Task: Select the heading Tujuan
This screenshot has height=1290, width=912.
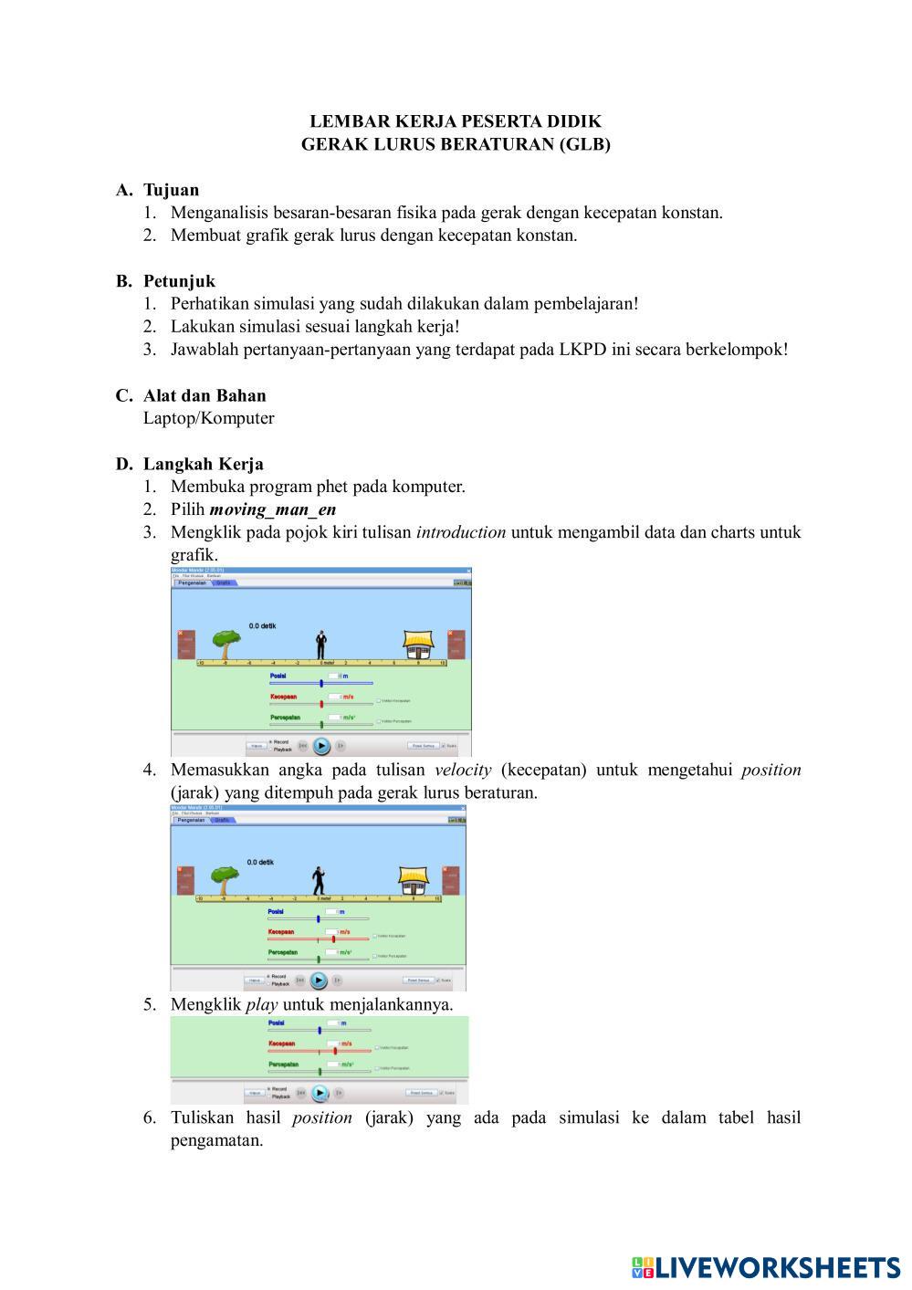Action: tap(171, 190)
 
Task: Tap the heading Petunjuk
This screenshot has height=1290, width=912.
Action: tap(179, 281)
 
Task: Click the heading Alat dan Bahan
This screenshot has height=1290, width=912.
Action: tap(204, 395)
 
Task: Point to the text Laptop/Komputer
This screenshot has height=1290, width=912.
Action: tap(208, 418)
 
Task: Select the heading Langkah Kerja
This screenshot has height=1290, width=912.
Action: tap(203, 464)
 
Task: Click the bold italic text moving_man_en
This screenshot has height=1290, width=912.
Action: tap(272, 509)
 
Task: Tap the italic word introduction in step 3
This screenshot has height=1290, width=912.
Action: tap(461, 532)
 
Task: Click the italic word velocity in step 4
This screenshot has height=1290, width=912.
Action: tap(463, 770)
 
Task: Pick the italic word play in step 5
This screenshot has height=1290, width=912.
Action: tap(262, 1004)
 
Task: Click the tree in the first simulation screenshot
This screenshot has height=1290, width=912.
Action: tap(223, 643)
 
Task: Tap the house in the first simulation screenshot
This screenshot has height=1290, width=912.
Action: tap(417, 645)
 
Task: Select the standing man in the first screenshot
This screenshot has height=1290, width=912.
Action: tap(321, 644)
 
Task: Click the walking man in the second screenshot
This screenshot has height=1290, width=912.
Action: tap(318, 880)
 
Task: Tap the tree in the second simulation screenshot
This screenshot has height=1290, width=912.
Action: tap(224, 879)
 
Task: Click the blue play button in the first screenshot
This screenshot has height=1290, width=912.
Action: tap(321, 746)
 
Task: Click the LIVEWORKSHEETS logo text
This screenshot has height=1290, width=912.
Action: tap(777, 1267)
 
